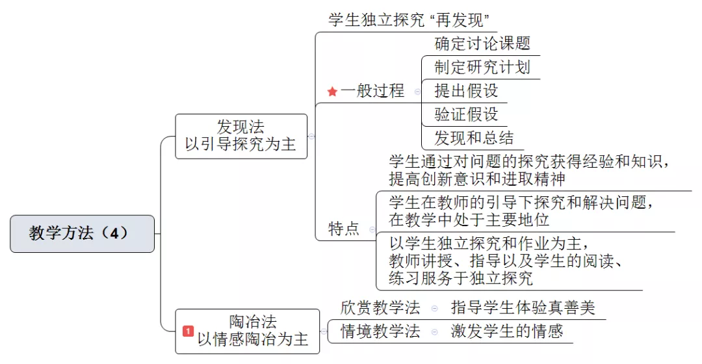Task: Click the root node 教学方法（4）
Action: click(83, 234)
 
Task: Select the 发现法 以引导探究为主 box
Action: click(241, 136)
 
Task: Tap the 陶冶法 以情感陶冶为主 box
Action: click(247, 331)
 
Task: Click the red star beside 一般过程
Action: click(332, 92)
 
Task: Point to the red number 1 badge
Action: click(188, 331)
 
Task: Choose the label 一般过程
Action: click(372, 91)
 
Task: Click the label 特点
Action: click(343, 229)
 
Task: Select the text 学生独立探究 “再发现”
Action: click(409, 19)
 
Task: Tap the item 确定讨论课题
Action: click(482, 44)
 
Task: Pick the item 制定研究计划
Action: click(482, 67)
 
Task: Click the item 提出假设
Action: click(466, 91)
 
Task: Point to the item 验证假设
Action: click(466, 114)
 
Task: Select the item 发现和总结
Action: click(474, 138)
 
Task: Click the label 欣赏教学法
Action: click(380, 307)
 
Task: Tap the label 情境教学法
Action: click(380, 331)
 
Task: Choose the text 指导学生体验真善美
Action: click(523, 307)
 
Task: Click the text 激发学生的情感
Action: click(507, 331)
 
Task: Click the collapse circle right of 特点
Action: click(372, 229)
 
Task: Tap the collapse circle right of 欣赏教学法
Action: click(434, 308)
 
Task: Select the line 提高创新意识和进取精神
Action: click(477, 179)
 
